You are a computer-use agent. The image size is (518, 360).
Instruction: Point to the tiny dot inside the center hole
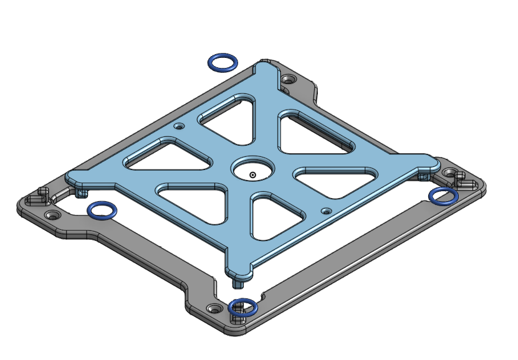coord(252,175)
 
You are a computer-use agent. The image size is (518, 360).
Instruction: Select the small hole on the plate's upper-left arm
coord(180,126)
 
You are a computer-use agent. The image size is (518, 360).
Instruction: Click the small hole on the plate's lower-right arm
coord(325,211)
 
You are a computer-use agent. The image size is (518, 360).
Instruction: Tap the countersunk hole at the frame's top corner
coord(288,80)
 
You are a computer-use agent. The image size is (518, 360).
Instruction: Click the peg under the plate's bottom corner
coord(237,282)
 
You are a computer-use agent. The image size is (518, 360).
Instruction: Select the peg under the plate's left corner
coord(81,192)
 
